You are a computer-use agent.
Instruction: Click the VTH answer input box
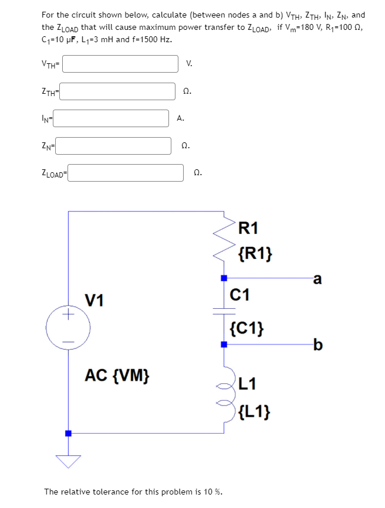[120, 64]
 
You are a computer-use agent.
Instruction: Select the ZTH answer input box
[120, 91]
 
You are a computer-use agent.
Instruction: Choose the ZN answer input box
[114, 145]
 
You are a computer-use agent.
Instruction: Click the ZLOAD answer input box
[128, 173]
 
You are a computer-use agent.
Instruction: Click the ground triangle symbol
[68, 462]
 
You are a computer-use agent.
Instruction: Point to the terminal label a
[318, 279]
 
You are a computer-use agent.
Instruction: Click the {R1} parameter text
[255, 254]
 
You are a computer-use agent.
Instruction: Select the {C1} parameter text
[246, 328]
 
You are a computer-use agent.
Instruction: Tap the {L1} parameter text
[254, 412]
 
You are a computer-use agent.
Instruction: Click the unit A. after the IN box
[180, 118]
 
